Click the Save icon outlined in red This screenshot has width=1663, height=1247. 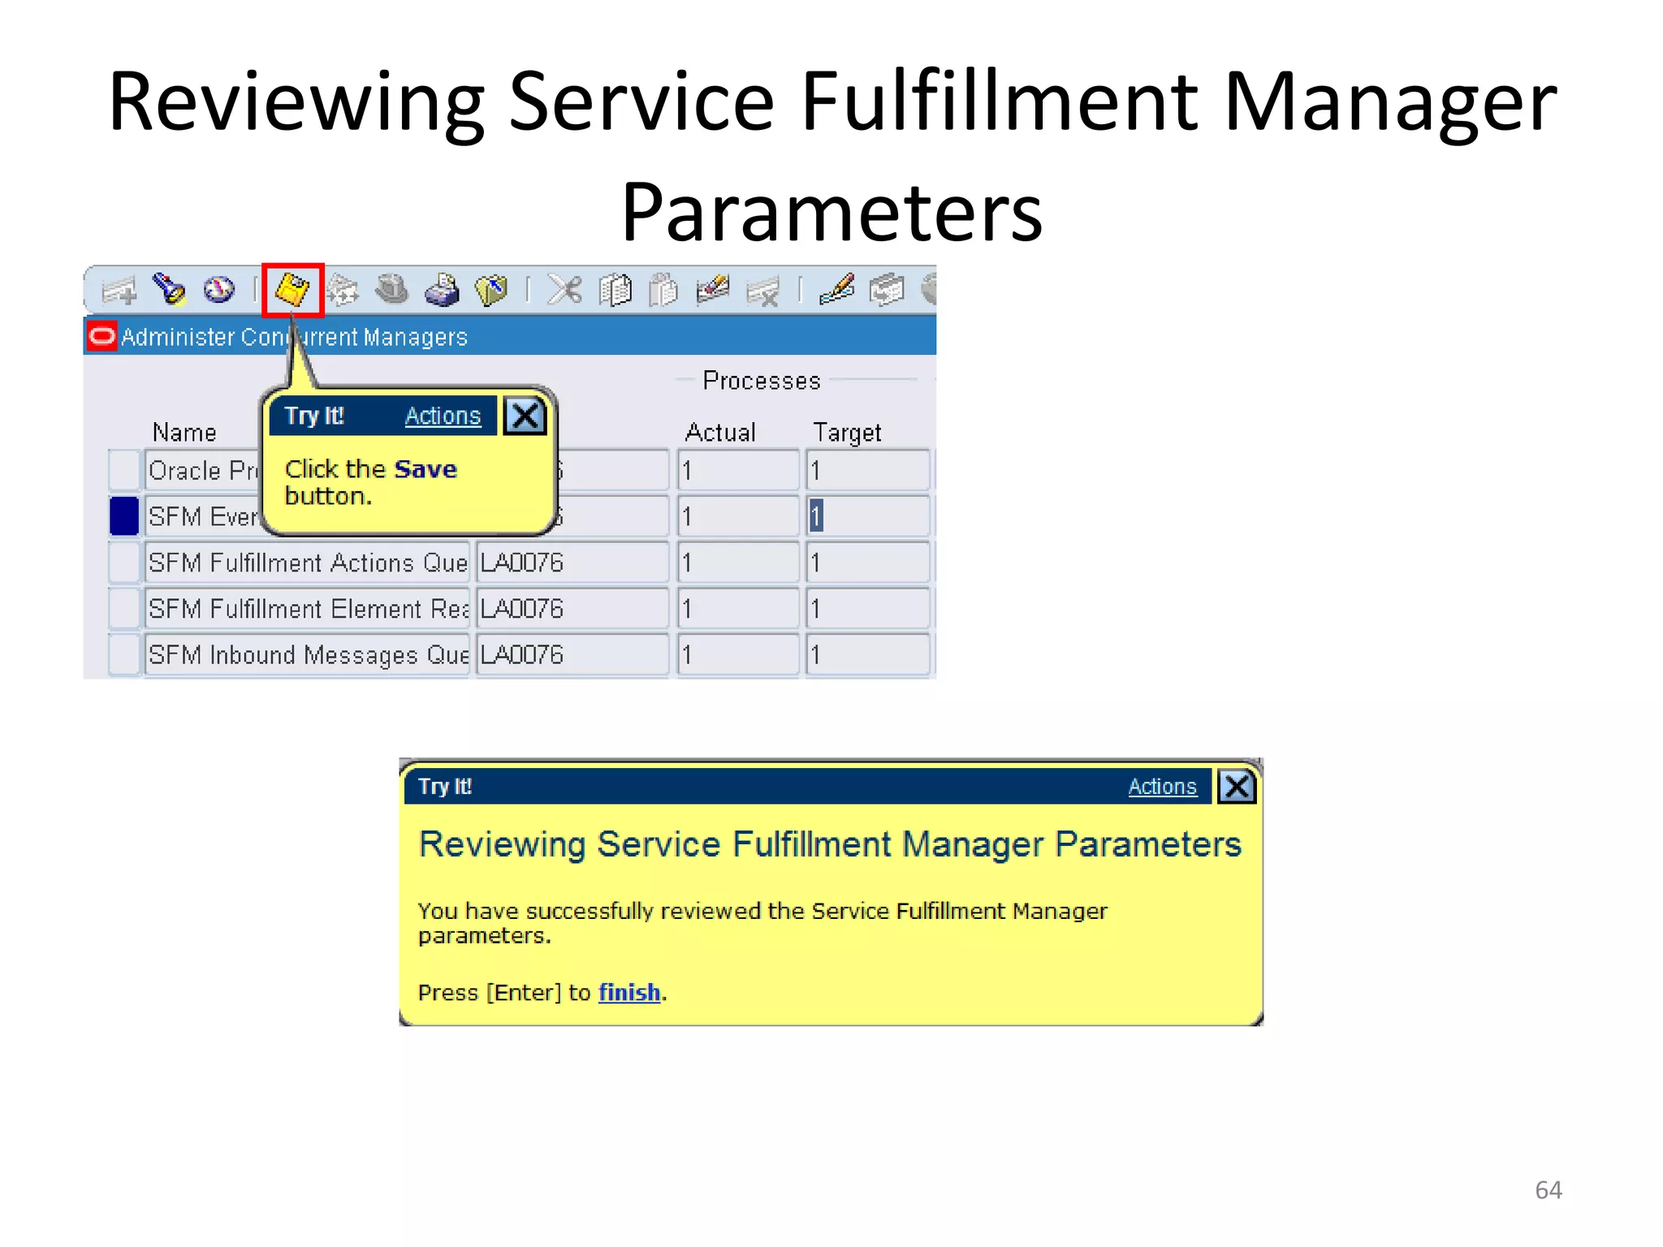(292, 290)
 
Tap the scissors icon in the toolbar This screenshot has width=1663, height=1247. (564, 290)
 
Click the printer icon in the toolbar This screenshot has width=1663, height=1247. (442, 291)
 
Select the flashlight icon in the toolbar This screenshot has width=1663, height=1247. (170, 290)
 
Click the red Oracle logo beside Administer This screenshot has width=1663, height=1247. (102, 336)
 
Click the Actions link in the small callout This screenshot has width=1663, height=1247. (443, 416)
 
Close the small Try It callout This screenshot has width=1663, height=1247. (525, 416)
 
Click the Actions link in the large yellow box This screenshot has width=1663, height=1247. (1162, 787)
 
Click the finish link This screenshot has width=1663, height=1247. (629, 992)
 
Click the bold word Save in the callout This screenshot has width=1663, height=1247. (425, 469)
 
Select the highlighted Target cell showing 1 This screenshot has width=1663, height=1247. (866, 516)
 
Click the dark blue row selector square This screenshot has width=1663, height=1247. (124, 516)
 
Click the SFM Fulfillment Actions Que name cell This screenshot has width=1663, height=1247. (307, 563)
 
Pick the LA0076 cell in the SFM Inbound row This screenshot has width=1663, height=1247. (571, 654)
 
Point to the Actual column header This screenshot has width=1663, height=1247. (720, 432)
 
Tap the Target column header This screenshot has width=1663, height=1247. (847, 432)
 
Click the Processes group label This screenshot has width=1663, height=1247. (761, 381)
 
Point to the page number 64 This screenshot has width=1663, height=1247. (1548, 1190)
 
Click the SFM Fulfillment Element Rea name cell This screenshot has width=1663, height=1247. (307, 609)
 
